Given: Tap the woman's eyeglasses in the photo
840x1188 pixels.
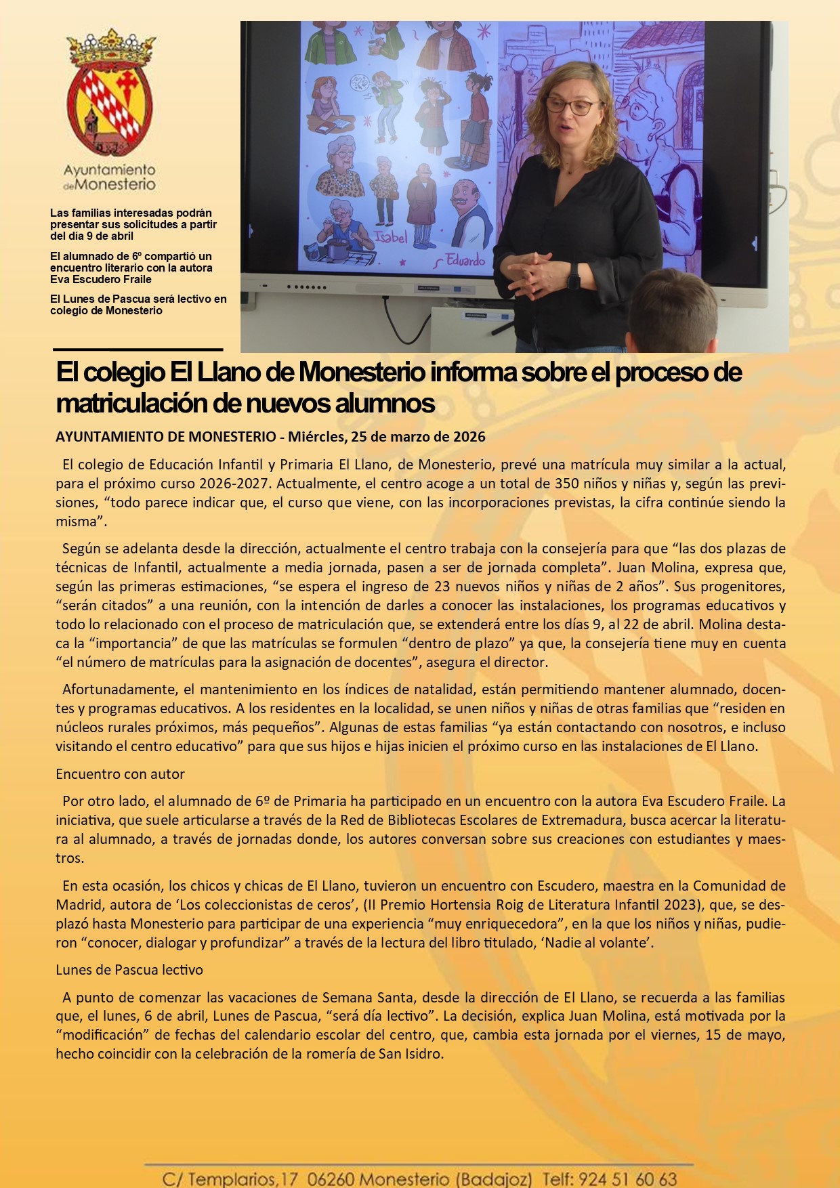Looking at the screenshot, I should coord(573,106).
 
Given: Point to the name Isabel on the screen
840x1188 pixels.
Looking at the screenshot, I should coord(391,236).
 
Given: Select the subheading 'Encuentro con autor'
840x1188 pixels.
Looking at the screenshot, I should coord(120,773).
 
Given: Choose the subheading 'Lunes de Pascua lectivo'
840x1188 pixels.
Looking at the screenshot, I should coord(129,969).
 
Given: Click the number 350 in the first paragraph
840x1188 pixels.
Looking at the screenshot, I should coord(566,484).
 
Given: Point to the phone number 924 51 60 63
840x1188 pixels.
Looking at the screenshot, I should coord(628,1179).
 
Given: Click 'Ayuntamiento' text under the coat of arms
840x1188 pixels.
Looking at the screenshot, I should coord(110,170).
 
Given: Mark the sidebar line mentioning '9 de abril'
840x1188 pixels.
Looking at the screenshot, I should coord(92,236).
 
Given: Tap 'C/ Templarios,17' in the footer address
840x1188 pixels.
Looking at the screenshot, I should coord(230,1179).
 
